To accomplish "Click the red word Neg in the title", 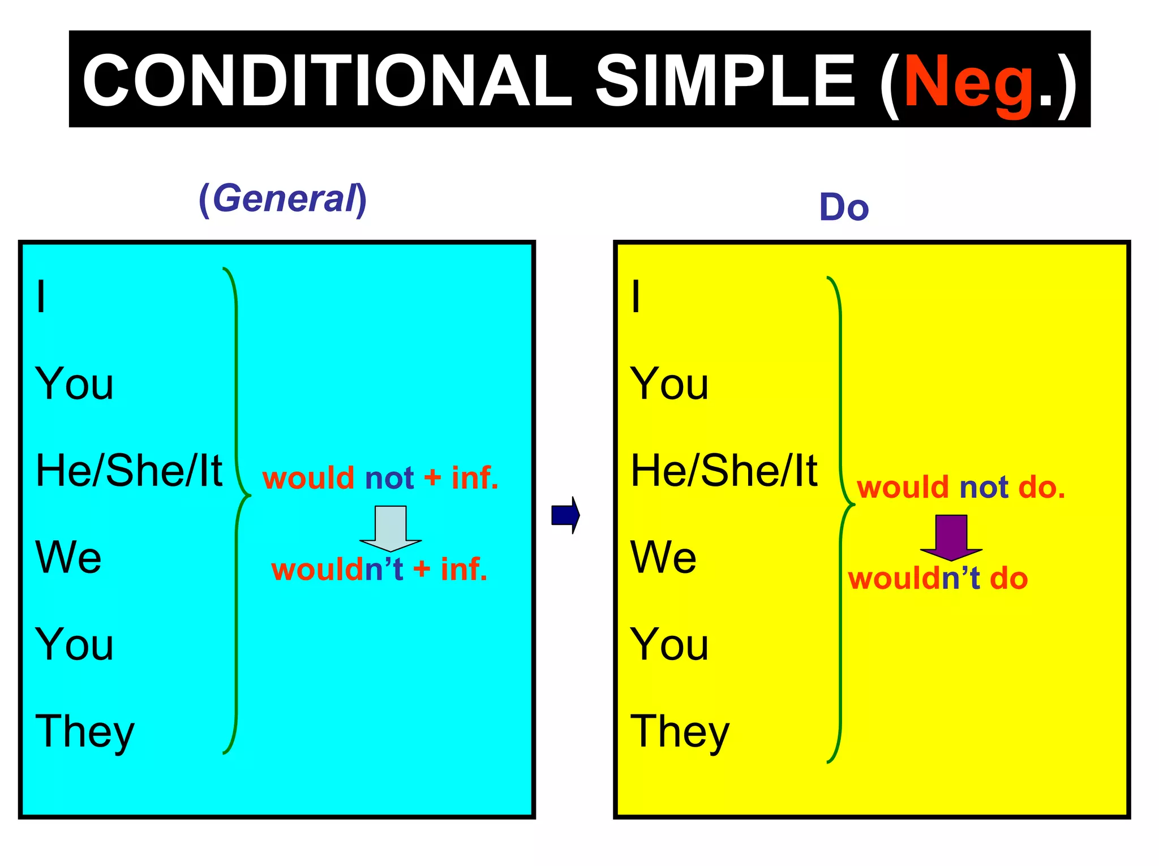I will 969,82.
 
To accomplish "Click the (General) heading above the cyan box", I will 282,199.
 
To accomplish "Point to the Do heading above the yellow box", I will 843,207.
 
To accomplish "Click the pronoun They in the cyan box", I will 85,731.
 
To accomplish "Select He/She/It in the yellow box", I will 724,471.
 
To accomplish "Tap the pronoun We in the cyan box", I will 68,558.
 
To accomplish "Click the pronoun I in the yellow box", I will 636,296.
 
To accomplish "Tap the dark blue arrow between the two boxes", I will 565,515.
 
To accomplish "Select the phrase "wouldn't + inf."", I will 379,569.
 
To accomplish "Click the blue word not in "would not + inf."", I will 389,478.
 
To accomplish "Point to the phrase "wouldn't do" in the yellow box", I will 938,579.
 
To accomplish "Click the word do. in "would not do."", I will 1041,488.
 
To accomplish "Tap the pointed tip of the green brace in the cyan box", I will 249,496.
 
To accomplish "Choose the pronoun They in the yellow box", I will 680,731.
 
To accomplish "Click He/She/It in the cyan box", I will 129,471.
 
